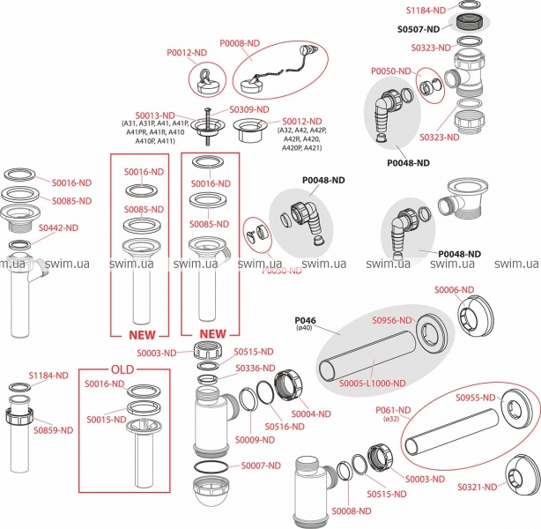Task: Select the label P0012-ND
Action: point(186,54)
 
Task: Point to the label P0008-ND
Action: point(240,42)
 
